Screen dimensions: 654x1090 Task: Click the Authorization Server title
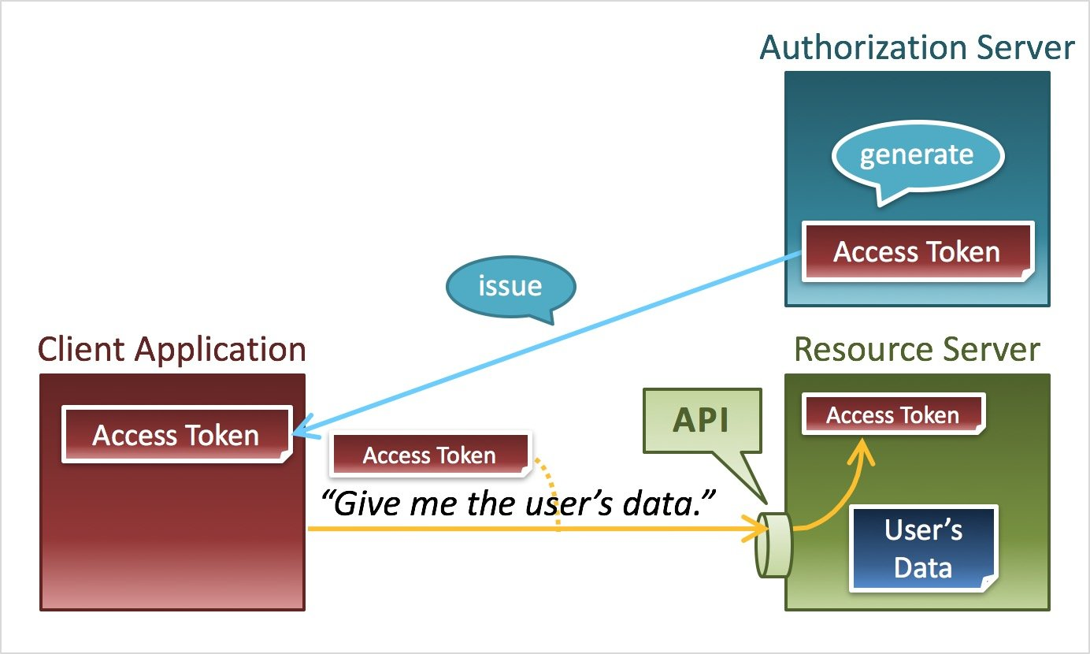coord(917,48)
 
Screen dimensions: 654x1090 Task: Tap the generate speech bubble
coord(917,155)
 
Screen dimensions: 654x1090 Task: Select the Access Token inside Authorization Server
coord(917,252)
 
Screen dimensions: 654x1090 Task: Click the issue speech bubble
coord(510,285)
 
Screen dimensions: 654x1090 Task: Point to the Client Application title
coord(172,349)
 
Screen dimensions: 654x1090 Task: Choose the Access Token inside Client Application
coord(176,435)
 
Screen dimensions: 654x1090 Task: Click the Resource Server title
coord(917,349)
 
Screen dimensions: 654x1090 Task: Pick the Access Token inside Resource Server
coord(892,415)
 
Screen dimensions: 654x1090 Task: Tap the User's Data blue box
coord(923,548)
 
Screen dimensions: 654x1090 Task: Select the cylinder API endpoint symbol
coord(773,544)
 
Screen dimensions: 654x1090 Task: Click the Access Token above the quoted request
coord(429,455)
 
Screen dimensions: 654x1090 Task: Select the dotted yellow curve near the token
coord(553,489)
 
